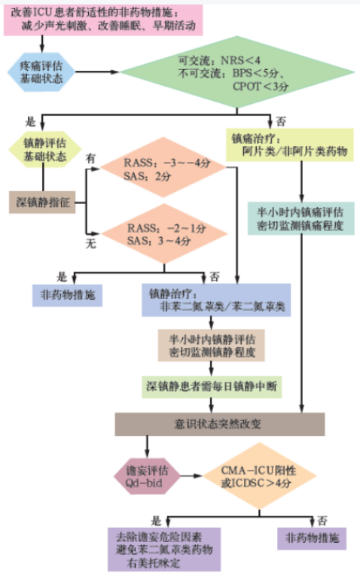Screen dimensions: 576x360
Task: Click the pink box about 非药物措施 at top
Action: [102, 19]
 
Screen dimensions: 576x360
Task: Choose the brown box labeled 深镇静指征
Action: [42, 202]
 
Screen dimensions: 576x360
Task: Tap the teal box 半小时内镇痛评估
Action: [301, 218]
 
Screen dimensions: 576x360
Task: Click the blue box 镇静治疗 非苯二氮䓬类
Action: [215, 300]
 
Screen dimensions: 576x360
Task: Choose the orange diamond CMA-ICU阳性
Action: [258, 474]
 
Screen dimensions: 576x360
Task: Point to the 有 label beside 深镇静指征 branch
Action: [90, 159]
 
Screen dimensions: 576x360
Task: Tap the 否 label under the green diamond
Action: [281, 120]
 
